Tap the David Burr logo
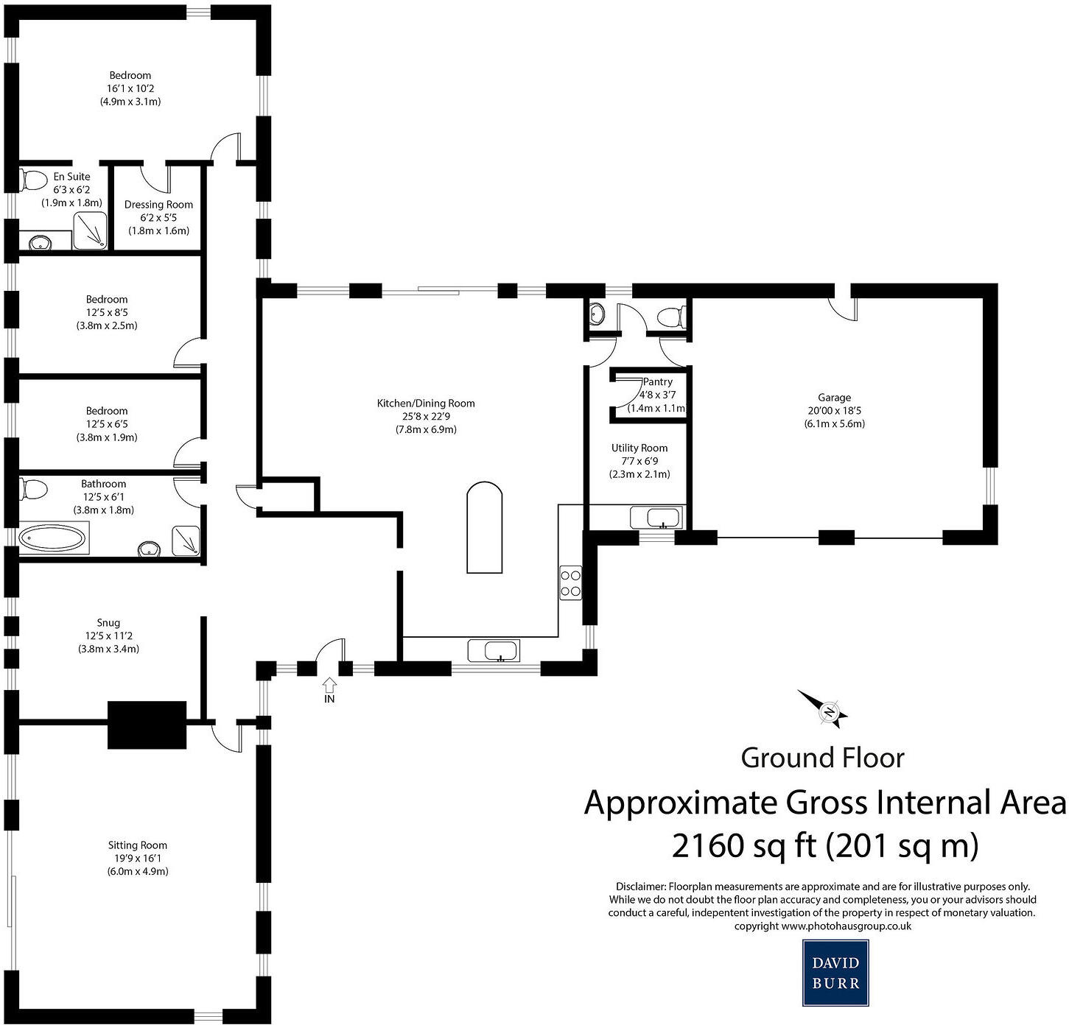[x=835, y=973]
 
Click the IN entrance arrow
[x=329, y=686]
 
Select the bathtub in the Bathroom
[x=52, y=538]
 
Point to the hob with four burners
[x=570, y=582]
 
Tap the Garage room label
[x=834, y=398]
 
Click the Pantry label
[x=657, y=381]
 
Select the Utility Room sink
[x=656, y=518]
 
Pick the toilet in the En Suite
[x=32, y=179]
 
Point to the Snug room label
[x=108, y=622]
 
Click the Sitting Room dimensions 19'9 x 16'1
[x=138, y=858]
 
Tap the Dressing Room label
[x=158, y=205]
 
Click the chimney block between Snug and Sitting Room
[x=147, y=725]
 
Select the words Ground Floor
[x=822, y=758]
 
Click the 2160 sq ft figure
[x=744, y=845]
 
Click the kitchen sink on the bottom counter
[x=494, y=651]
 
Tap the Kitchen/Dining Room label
[x=426, y=403]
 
